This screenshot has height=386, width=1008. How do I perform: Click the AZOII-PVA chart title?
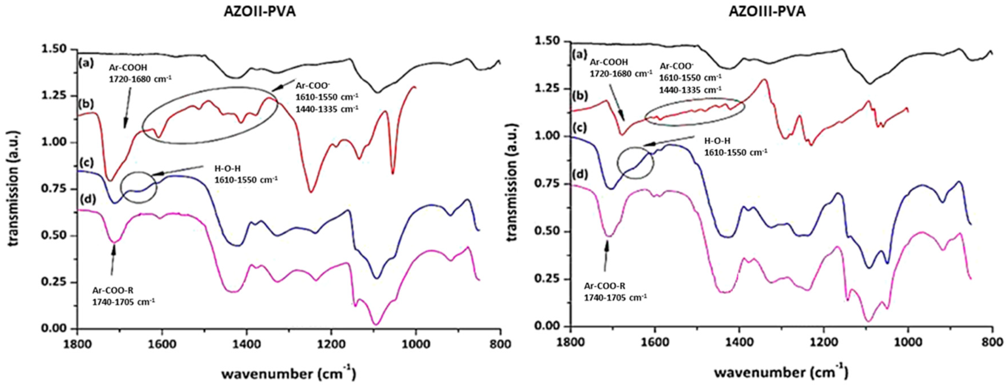(259, 12)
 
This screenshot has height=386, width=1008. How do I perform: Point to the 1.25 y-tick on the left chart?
(56, 96)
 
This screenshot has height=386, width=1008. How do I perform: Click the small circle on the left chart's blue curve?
(138, 188)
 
